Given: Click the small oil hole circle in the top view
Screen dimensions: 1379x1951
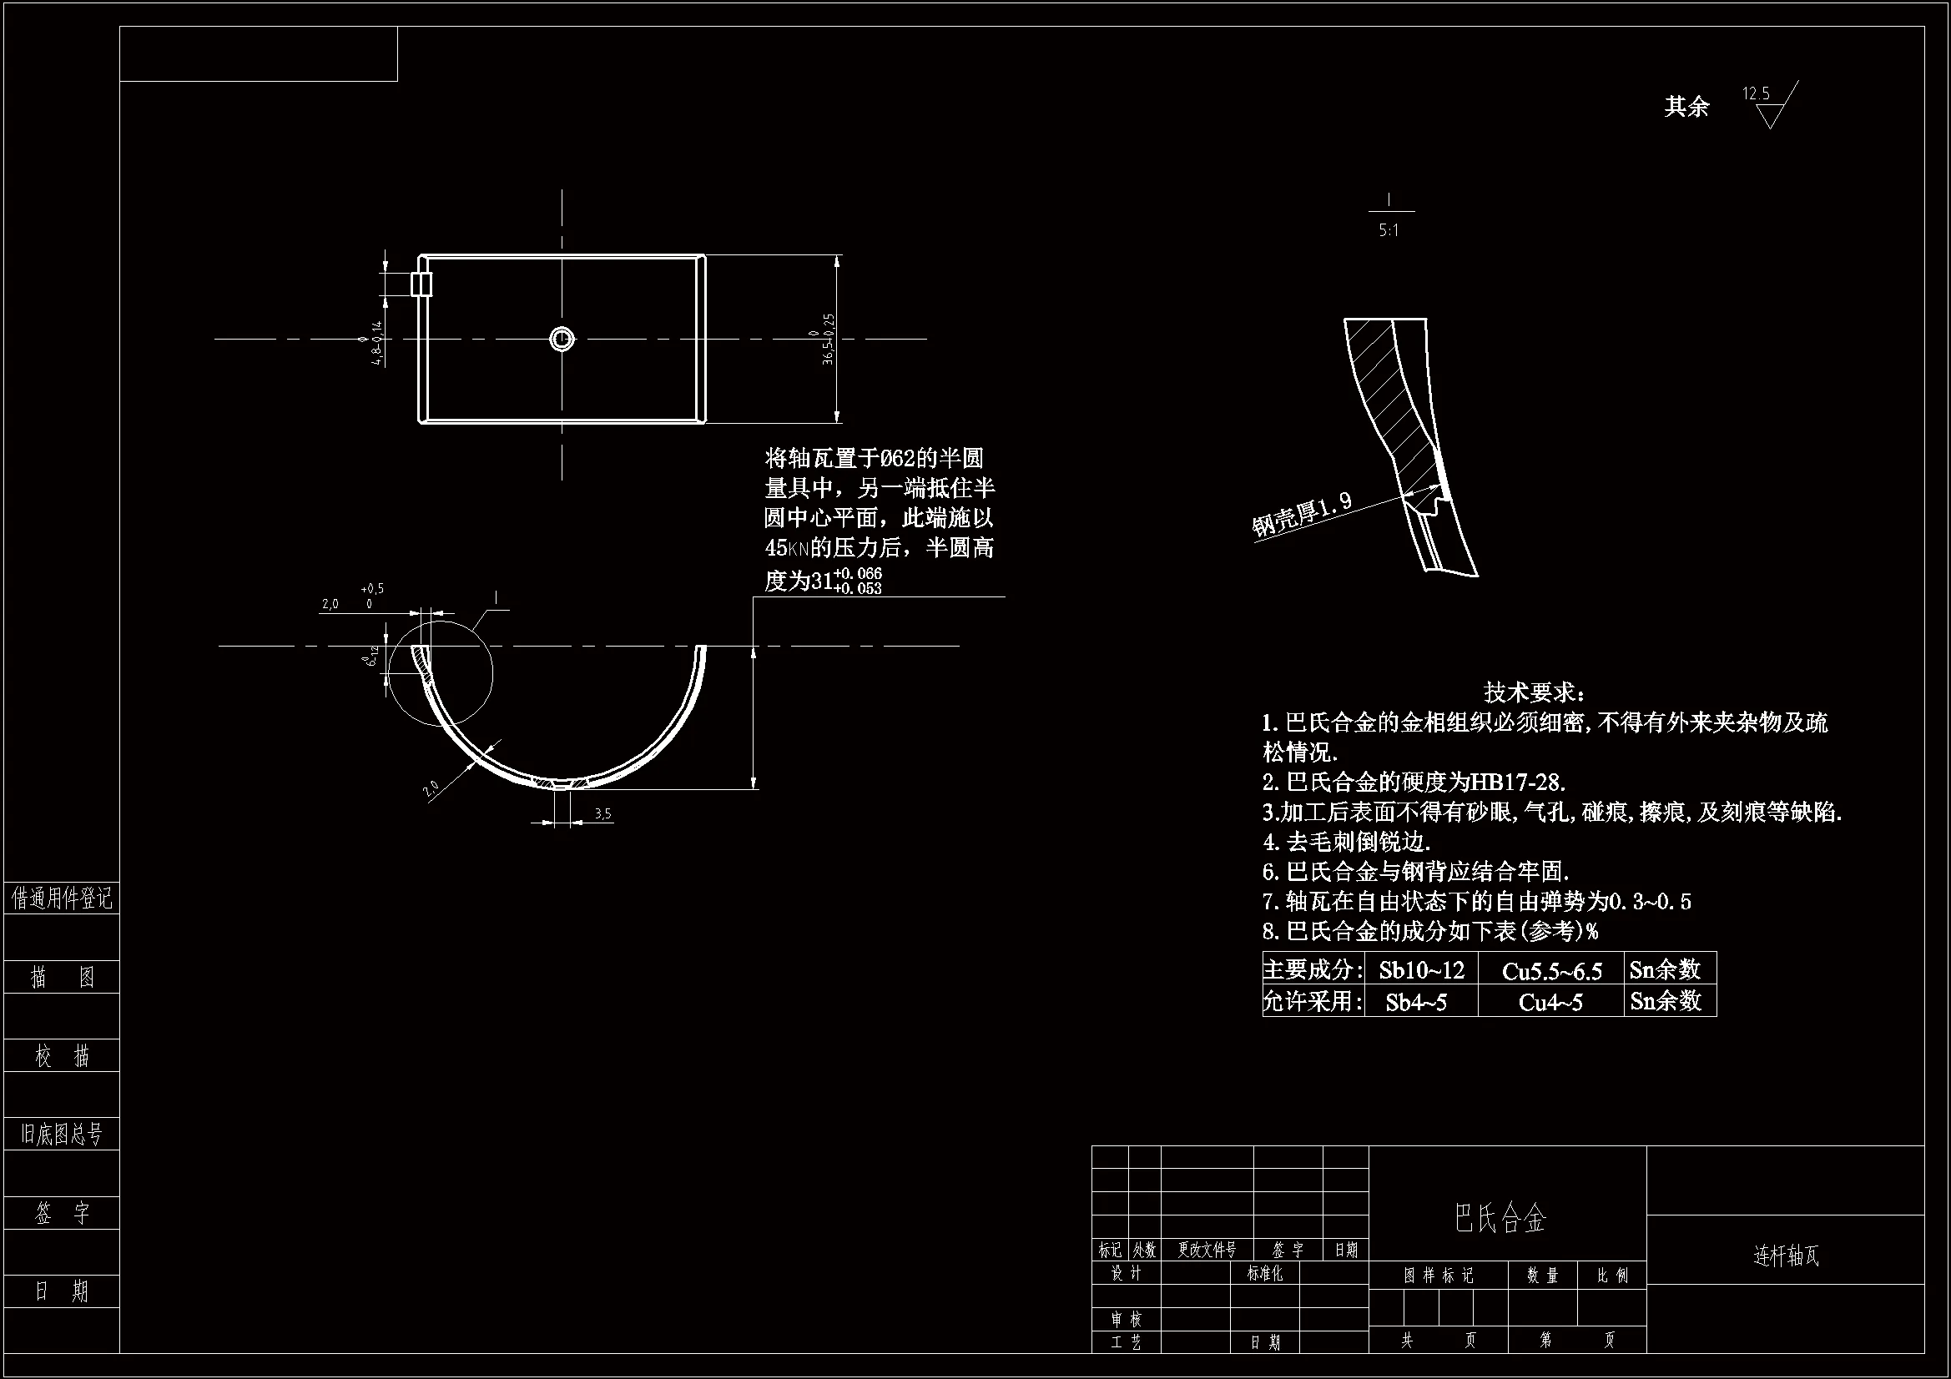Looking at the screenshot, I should point(561,339).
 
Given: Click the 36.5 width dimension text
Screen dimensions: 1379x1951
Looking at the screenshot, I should point(829,339).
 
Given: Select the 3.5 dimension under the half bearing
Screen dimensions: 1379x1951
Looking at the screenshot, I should point(602,814).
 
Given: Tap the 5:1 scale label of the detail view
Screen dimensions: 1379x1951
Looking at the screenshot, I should point(1389,230).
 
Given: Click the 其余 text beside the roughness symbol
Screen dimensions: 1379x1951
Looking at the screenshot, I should point(1686,107).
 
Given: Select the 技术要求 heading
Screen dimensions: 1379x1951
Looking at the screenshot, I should point(1535,692).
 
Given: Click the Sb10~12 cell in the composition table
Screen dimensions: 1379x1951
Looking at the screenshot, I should point(1421,969).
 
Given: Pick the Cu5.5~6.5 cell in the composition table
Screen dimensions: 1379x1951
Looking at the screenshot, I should point(1551,971).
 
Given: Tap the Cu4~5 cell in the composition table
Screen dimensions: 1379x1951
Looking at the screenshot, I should point(1550,1003).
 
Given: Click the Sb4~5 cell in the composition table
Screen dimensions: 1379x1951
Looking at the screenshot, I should point(1415,1003).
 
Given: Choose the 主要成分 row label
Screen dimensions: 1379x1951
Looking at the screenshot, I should point(1313,969).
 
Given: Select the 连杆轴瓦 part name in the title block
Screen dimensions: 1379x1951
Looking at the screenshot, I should point(1786,1256).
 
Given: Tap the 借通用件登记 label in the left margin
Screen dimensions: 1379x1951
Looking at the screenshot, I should point(61,898).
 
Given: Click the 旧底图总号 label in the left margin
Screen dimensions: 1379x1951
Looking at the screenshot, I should point(61,1134).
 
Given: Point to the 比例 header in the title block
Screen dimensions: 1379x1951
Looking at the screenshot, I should point(1612,1276).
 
